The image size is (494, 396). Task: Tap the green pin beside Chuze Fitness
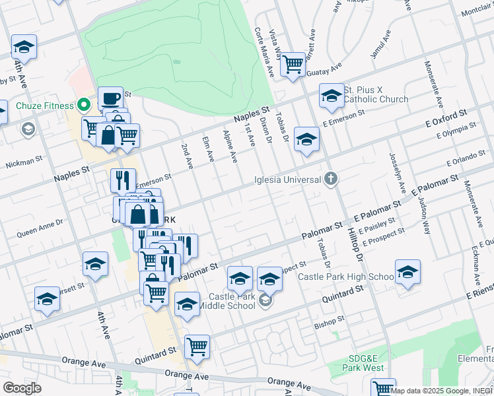point(83,105)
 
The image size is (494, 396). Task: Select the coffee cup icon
point(110,99)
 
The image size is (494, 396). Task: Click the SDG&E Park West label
point(365,362)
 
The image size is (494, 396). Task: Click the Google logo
point(22,388)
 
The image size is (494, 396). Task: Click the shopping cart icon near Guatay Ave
point(292,65)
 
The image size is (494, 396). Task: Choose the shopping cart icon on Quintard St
point(197,345)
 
